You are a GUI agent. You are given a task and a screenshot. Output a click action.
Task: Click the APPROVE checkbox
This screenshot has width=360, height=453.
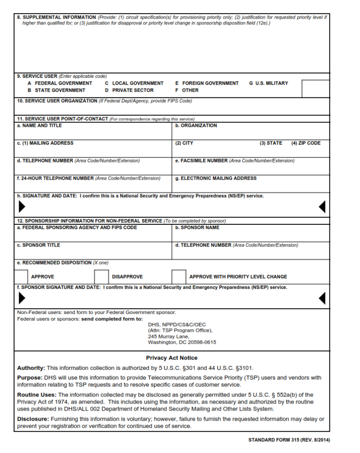coord(21,276)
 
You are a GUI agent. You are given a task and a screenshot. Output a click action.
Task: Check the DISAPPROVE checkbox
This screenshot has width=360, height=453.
coord(101,276)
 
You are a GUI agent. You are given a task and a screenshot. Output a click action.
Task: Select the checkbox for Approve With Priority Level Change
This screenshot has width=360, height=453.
coord(179,276)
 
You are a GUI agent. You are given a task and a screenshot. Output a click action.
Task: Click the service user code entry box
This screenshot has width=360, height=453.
coord(315,88)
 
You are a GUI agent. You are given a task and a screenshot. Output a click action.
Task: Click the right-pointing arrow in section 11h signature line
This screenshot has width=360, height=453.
coord(22,207)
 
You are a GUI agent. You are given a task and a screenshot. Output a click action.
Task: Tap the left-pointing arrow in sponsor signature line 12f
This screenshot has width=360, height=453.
coord(322,299)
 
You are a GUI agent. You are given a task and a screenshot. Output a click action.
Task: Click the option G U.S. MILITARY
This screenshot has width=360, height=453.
coord(268,83)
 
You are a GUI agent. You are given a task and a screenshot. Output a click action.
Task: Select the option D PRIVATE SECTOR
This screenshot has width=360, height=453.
coord(129,90)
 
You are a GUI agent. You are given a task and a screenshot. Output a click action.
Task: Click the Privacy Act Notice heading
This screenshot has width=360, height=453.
coord(172,358)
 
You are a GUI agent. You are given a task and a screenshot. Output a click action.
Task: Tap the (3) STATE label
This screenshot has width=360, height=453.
coord(271,143)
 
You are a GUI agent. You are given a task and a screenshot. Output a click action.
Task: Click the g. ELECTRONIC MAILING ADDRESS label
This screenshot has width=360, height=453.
coord(215,178)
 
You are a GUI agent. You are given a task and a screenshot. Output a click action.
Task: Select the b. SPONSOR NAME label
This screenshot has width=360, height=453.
coord(197,227)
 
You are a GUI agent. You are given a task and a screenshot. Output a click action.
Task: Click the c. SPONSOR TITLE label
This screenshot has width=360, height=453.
coord(38,245)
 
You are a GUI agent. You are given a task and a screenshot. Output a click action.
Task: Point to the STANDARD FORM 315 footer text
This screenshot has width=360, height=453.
coord(289,440)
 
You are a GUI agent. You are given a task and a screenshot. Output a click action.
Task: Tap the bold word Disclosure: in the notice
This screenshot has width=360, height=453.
coord(33,419)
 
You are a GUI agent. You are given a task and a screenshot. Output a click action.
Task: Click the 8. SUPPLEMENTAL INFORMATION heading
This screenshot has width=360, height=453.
coord(57,17)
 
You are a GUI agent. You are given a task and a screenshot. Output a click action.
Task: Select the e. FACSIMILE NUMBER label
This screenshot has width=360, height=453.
coord(201,161)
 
